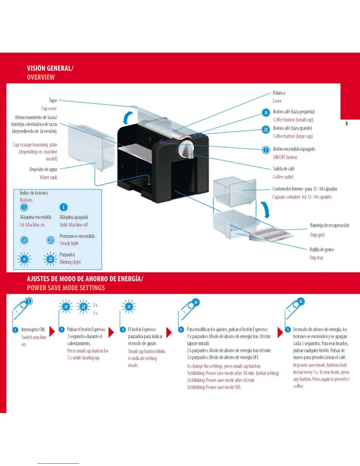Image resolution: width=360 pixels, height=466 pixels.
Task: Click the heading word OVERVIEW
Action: coord(41,77)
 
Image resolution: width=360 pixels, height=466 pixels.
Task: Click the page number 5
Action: coord(346,124)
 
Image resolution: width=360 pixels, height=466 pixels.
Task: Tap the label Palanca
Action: coord(279,93)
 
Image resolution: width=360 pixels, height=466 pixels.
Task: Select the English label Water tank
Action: coord(48,177)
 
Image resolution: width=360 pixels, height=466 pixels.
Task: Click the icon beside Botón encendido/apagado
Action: coord(266,150)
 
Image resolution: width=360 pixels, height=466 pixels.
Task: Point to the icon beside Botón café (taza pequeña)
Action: coord(266,113)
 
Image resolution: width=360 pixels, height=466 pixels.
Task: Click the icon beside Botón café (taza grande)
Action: coord(266,129)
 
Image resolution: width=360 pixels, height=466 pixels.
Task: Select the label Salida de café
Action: coord(283,169)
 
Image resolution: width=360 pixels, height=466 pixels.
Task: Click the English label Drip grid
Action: coord(317,235)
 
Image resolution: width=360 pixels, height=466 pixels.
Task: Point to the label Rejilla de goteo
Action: coord(321,249)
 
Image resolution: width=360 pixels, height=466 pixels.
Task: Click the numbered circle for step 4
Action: coord(181,329)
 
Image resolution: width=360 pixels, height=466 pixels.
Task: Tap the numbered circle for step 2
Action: coord(61,329)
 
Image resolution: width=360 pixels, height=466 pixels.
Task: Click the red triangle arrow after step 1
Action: coord(52,331)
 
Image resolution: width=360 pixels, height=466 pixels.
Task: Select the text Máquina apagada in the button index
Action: coord(74,217)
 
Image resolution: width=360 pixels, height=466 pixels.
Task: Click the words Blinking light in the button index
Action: coord(70,262)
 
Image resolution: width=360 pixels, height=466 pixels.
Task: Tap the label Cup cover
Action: coord(49,109)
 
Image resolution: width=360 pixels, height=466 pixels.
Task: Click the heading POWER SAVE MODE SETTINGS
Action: coord(66,288)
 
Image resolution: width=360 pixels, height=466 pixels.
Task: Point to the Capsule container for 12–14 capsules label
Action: coord(302,197)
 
